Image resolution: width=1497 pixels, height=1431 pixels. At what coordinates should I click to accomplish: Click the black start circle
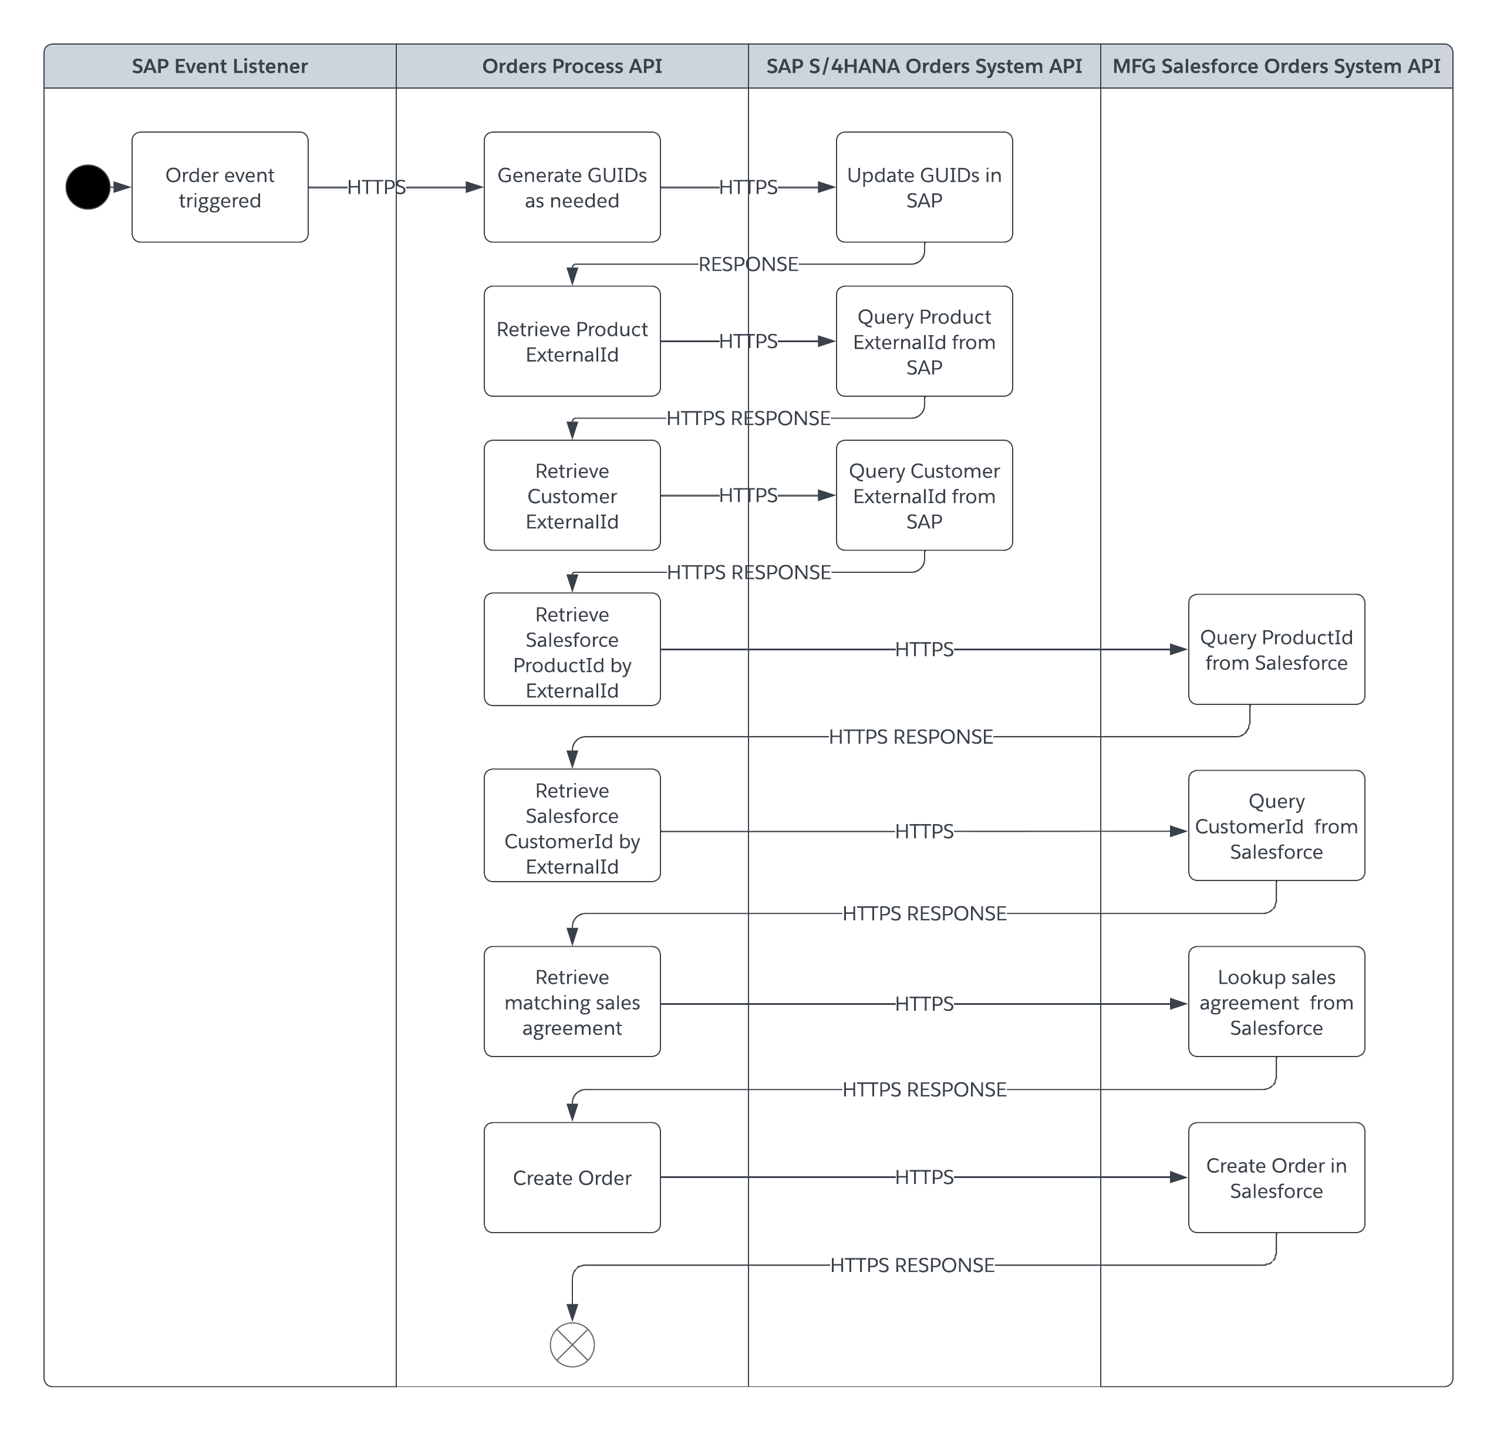coord(87,187)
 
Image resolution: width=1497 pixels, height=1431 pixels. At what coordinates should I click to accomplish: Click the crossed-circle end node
coord(572,1345)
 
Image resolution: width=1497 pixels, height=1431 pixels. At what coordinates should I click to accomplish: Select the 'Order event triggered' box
coord(220,187)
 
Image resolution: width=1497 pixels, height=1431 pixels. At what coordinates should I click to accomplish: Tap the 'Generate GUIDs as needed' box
coord(572,187)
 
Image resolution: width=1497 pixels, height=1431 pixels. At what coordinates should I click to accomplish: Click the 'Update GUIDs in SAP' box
coord(924,187)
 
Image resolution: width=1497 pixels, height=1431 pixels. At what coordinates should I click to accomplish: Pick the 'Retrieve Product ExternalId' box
coord(572,341)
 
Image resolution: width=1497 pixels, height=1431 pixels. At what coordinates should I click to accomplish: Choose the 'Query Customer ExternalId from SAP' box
coord(924,495)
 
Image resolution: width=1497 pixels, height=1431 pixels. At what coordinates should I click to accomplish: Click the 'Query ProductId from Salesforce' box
coord(1276,649)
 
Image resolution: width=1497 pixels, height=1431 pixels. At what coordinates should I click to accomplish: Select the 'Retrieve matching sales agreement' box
coord(572,1001)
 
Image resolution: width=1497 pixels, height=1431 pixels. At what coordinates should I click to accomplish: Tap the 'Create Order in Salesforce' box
coord(1276,1177)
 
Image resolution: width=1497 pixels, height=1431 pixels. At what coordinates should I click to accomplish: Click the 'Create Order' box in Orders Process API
coord(572,1177)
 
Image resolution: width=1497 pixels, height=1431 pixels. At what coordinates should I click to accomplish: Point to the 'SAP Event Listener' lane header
coord(220,66)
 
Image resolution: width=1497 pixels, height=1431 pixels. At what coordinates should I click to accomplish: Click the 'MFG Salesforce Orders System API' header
coord(1276,66)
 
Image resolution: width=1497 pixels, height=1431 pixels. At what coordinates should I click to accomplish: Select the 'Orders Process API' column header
coord(572,66)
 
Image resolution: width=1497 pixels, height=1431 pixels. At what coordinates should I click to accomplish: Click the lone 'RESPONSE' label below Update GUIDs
coord(748,264)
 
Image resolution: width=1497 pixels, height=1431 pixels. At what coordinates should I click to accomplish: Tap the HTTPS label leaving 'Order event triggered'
coord(376,187)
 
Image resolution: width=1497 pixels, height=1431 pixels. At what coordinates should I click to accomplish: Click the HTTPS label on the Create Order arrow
coord(924,1177)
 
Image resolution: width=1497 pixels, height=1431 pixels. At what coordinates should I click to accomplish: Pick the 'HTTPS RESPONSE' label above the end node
coord(912,1265)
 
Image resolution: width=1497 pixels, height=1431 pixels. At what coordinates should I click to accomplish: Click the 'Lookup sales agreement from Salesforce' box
coord(1276,1001)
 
